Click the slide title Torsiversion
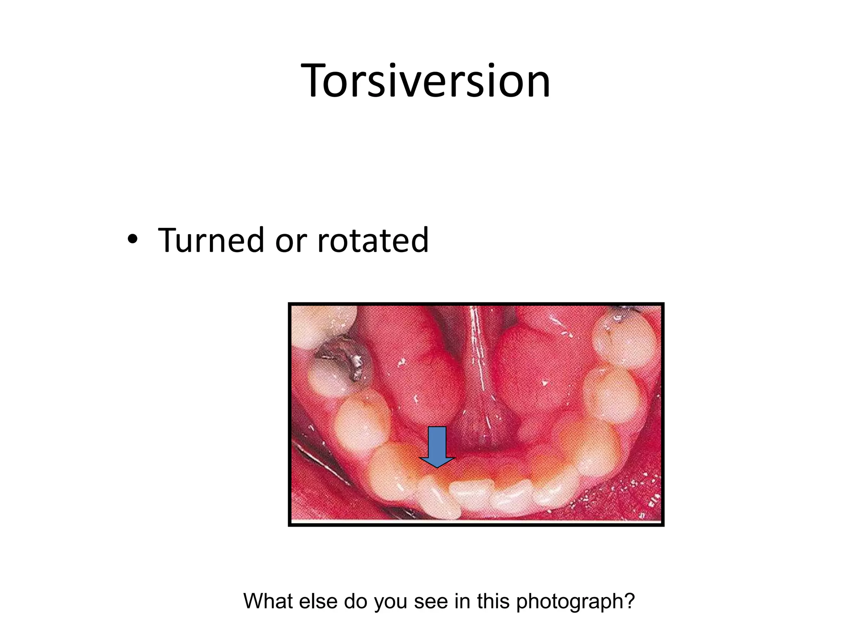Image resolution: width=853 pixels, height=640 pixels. pos(426,81)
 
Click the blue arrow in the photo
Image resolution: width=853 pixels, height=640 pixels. pos(437,446)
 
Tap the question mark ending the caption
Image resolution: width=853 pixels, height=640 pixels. pos(629,601)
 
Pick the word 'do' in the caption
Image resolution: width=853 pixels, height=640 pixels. pos(354,601)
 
